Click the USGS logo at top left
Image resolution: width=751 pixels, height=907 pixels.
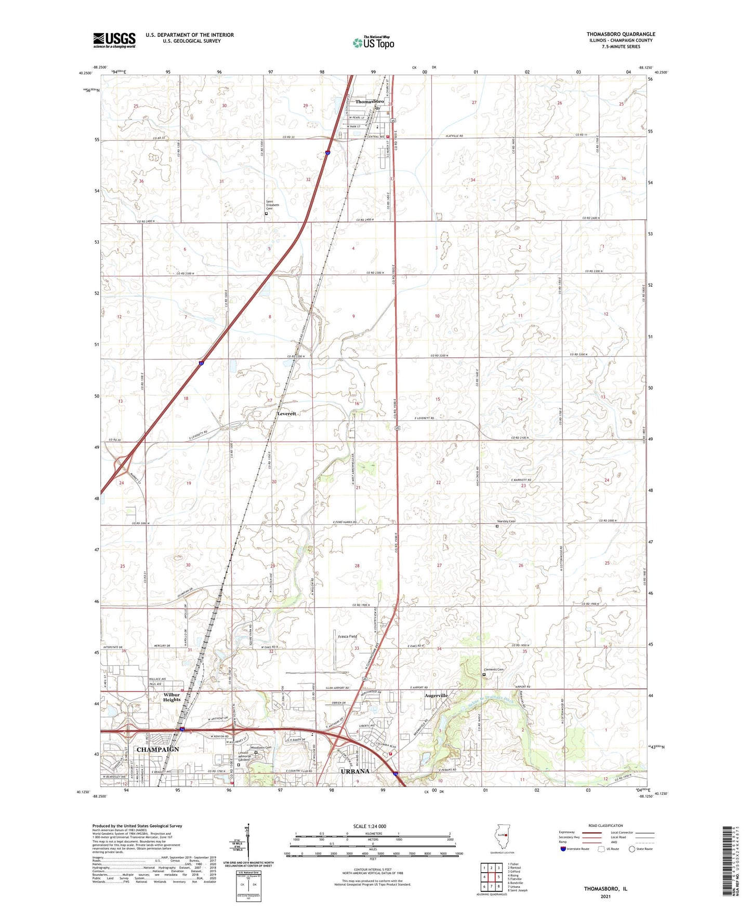click(114, 40)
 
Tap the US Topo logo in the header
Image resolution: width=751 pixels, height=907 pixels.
click(373, 43)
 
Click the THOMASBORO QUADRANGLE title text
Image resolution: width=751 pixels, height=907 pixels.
click(621, 34)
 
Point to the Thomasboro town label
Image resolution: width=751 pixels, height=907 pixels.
click(370, 102)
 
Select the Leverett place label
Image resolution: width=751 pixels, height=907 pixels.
click(286, 414)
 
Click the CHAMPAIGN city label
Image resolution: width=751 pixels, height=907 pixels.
click(157, 750)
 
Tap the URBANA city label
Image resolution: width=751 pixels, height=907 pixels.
click(355, 771)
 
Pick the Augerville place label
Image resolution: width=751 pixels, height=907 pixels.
click(436, 695)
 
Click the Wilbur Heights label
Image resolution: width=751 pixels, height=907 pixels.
click(172, 697)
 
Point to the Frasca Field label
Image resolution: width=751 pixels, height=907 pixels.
click(348, 636)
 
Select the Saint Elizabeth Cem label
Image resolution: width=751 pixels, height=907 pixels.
click(272, 205)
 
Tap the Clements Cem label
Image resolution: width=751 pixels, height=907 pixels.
click(493, 670)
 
